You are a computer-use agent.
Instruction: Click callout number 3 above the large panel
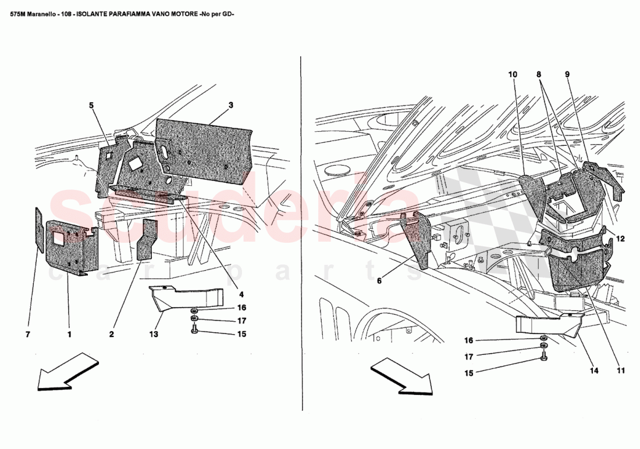(x=231, y=105)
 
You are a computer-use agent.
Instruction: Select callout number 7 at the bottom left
(x=28, y=335)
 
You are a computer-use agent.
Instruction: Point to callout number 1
(x=69, y=335)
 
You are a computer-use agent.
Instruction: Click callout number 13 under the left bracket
(x=154, y=335)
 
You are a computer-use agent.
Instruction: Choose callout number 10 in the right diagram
(x=513, y=74)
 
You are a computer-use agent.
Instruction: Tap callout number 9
(x=567, y=74)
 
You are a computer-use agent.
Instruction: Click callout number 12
(x=620, y=239)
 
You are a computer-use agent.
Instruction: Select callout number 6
(x=379, y=281)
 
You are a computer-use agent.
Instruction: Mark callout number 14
(x=594, y=370)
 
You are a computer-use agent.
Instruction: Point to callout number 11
(x=620, y=370)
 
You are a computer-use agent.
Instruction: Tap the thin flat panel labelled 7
(x=39, y=230)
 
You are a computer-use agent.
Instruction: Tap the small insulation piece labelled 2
(x=148, y=239)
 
